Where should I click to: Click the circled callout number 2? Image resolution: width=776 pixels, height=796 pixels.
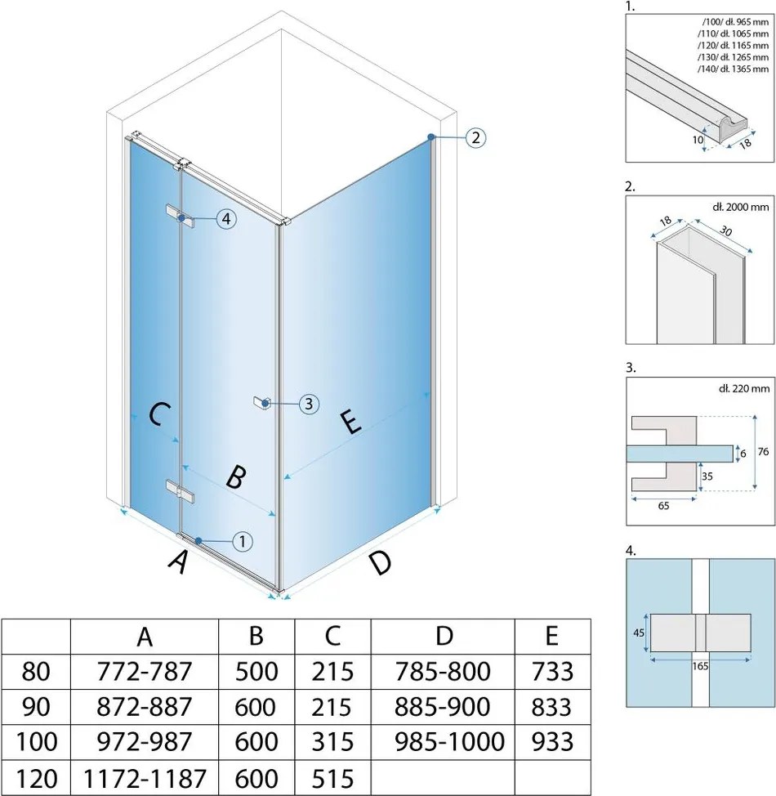tap(475, 137)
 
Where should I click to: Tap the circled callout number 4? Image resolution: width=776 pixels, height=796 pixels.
tap(226, 218)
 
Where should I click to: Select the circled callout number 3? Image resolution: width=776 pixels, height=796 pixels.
tap(308, 403)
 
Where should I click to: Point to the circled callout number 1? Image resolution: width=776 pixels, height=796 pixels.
tap(243, 540)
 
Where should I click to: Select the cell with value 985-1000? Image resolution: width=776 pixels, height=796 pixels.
tap(442, 741)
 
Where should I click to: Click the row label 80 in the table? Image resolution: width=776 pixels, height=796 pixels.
tap(35, 672)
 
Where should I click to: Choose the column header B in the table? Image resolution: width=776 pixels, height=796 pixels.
tap(256, 636)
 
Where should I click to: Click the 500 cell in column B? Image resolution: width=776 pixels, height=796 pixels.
tap(256, 672)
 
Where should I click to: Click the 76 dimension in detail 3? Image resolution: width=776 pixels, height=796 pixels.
tap(763, 451)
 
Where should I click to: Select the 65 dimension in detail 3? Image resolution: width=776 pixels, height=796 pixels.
tap(662, 506)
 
